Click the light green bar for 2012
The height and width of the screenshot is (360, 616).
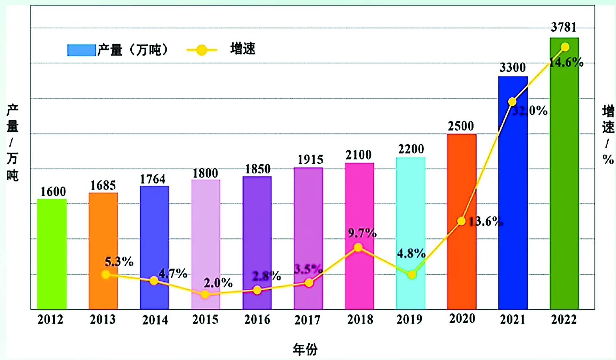coord(52,254)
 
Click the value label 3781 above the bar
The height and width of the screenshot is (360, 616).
coord(564,27)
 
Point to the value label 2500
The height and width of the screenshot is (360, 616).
coord(461,126)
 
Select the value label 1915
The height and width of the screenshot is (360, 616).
coord(310,159)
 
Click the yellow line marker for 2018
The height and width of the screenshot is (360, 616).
coord(358,247)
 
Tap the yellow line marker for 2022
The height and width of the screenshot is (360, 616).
coord(565,47)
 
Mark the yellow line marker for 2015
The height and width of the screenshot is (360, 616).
coord(205,295)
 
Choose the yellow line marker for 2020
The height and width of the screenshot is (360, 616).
coord(461,221)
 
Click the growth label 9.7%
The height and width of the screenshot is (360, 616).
coord(362,233)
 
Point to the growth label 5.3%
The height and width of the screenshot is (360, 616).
coord(119,262)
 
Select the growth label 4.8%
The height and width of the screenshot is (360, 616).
coord(411,253)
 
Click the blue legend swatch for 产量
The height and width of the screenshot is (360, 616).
coord(81,50)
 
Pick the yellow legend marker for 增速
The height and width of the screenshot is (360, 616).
coord(202,50)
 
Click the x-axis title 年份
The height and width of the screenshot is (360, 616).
coord(305,349)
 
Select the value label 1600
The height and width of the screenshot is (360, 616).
coord(53,191)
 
